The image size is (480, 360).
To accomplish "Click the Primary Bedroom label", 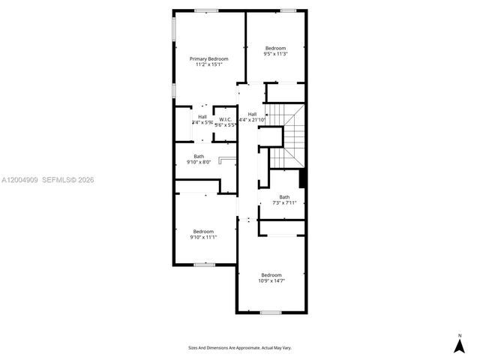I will (x=208, y=58).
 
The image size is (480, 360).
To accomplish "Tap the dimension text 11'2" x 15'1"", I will (x=208, y=64).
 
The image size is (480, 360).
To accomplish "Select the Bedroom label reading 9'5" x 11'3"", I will (x=275, y=49).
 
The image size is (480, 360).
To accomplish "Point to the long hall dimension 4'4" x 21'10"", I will (x=253, y=120).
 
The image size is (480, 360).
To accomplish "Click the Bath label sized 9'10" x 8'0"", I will (x=199, y=156).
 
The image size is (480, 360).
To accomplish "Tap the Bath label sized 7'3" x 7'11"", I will (x=284, y=197).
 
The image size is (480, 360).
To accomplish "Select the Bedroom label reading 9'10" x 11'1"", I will (x=203, y=231).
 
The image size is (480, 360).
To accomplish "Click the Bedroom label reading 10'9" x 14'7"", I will (x=271, y=274).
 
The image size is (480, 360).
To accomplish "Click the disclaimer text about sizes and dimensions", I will (x=240, y=348).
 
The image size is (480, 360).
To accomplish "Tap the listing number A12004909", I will (x=18, y=180).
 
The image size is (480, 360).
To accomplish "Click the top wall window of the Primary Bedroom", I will (x=206, y=10).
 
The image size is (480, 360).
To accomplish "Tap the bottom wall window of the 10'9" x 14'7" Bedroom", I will (x=270, y=312).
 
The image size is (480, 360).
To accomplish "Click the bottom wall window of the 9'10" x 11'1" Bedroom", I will (x=204, y=264).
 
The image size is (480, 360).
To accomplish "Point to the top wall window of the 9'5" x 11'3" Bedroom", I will (x=288, y=10).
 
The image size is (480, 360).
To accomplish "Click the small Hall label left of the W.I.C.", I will (x=202, y=116).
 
